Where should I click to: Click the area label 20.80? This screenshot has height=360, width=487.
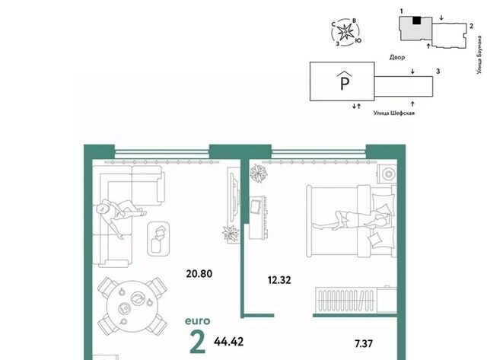tap(199, 274)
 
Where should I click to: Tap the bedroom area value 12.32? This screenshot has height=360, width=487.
tap(279, 280)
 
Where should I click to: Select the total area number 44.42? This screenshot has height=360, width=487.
tap(228, 342)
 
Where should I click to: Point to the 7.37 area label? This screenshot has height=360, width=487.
tap(364, 343)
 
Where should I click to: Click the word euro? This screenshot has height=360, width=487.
tap(198, 321)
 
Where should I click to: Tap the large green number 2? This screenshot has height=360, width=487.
tap(198, 342)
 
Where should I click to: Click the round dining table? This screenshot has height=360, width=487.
tap(132, 306)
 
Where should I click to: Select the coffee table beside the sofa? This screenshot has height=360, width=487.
tap(158, 238)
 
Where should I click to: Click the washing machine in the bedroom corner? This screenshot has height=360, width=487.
tap(387, 174)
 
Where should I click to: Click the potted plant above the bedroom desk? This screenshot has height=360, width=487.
tap(259, 173)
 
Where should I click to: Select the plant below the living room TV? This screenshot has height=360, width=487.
tap(231, 234)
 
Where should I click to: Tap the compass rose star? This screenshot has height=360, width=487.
tap(345, 32)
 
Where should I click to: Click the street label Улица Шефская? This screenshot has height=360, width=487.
tap(394, 113)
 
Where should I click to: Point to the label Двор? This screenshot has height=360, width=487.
tap(397, 57)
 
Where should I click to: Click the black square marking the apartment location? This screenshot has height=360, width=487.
tap(416, 21)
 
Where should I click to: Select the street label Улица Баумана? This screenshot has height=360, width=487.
tap(480, 55)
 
